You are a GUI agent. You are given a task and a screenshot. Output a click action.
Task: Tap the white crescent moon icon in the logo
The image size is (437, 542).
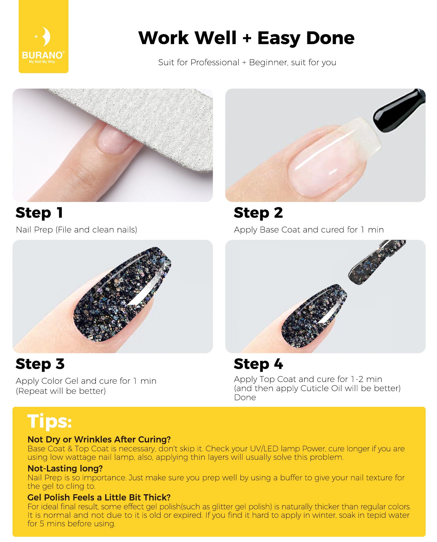tap(46, 37)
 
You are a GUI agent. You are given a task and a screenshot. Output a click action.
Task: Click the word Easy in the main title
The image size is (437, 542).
tap(279, 38)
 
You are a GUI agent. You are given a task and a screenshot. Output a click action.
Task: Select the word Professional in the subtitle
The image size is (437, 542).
tap(215, 62)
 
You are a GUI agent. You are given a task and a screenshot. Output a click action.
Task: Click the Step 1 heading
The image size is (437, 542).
tap(39, 213)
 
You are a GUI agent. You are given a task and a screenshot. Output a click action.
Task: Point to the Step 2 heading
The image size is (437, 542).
tap(258, 213)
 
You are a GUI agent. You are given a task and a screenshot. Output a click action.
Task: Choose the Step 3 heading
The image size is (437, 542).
tap(40, 364)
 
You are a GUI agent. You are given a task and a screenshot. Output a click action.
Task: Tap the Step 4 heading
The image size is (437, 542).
tap(258, 364)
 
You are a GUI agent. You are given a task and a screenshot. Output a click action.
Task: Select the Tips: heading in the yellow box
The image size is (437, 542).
tap(50, 421)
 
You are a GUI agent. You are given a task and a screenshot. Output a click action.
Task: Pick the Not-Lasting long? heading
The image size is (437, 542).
tap(65, 468)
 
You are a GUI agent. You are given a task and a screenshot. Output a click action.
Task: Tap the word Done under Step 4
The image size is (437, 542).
tap(245, 397)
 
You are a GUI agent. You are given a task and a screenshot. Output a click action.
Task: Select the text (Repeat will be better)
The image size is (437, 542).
tap(61, 391)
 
